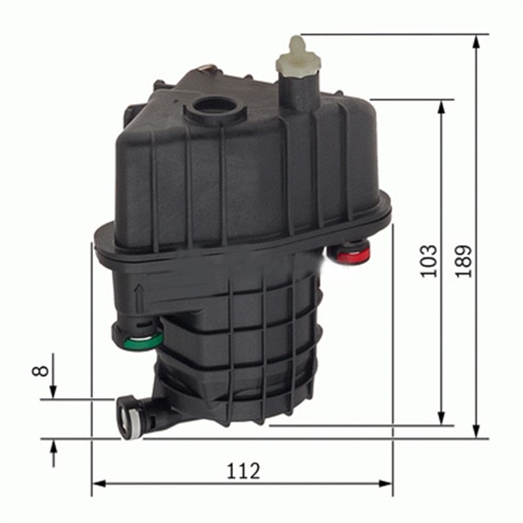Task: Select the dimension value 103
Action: click(x=428, y=260)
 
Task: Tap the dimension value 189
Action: click(x=464, y=260)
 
